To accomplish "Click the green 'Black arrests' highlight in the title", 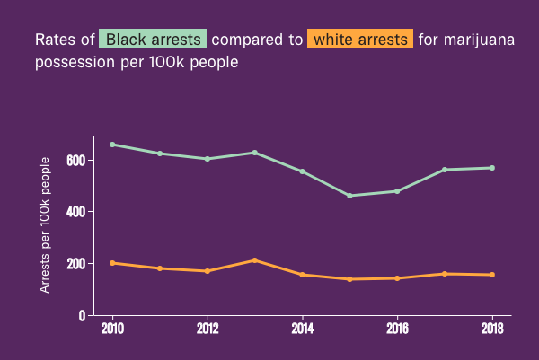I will pos(153,40).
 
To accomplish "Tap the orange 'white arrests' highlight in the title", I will pos(360,40).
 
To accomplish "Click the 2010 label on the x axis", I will pos(112,329).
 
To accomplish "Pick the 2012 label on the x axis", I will pos(208,329).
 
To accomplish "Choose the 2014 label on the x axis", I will pos(303,329).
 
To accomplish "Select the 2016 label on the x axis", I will pos(397,329).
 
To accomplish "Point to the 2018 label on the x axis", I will pos(492,329).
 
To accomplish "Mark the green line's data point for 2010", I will pos(112,145).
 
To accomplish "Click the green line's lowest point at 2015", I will pos(349,196).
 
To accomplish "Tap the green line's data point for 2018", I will pos(492,168).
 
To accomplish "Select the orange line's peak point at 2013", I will pos(255,260).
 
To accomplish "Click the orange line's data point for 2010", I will pos(112,263).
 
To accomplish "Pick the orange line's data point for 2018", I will pos(492,275).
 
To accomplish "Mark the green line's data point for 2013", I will pos(255,153).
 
